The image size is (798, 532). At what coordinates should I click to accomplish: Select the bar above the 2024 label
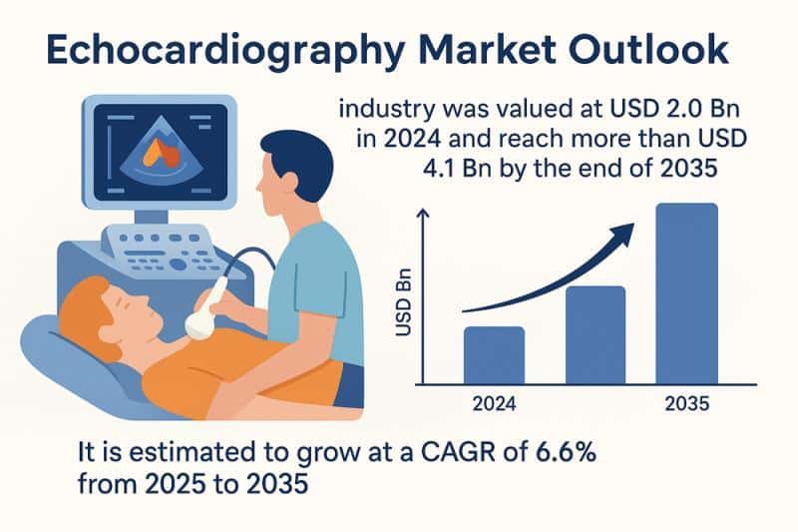pos(494,355)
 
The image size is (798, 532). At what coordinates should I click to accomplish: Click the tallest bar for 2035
pos(687,293)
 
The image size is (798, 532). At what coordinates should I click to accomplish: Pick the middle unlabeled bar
pos(596,335)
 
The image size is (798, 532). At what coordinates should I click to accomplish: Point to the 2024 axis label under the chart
pos(494,403)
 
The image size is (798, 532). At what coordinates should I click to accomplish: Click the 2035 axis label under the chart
pos(687,403)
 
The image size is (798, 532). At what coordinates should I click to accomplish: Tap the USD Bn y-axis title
pos(404,302)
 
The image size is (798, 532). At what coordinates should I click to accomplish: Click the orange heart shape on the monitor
pos(161,154)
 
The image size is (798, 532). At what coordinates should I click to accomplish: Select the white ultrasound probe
pos(206,309)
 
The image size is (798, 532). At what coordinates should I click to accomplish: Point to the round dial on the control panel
pos(178,265)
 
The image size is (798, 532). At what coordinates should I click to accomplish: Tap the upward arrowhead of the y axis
pos(422,213)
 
